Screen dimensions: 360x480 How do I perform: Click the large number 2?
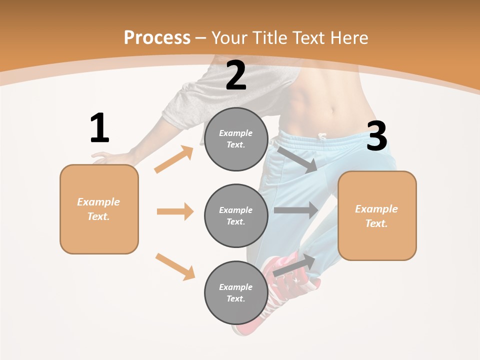[236, 75]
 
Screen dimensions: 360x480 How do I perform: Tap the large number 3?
[376, 136]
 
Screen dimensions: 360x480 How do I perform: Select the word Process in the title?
[157, 37]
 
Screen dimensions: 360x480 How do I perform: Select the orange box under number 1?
[99, 209]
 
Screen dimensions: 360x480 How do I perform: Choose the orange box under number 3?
[377, 215]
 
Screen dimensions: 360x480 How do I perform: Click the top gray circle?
[236, 139]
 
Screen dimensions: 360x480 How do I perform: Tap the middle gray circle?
[236, 215]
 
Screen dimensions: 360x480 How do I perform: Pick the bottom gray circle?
[236, 292]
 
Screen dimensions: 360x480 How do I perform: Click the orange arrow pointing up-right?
[174, 159]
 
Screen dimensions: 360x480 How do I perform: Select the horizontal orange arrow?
[175, 211]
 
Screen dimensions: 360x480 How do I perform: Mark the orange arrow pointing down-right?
[175, 266]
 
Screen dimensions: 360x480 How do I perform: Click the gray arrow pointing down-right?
[297, 159]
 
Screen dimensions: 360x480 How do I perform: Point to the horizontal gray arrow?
[296, 210]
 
